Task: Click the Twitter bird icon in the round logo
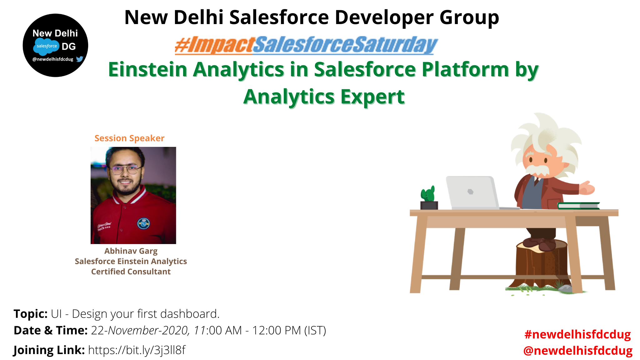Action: pyautogui.click(x=80, y=59)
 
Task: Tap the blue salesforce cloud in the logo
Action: pyautogui.click(x=46, y=46)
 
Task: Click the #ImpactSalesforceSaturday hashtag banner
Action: pyautogui.click(x=306, y=45)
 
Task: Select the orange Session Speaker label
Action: pyautogui.click(x=129, y=138)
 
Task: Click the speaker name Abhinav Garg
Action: pyautogui.click(x=131, y=251)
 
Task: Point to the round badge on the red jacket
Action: pyautogui.click(x=144, y=223)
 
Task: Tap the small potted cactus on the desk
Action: pyautogui.click(x=429, y=197)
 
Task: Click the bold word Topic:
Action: pyautogui.click(x=30, y=314)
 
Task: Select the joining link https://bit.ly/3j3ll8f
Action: pyautogui.click(x=137, y=350)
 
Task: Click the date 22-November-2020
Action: pyautogui.click(x=140, y=330)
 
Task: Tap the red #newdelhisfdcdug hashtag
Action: pyautogui.click(x=577, y=334)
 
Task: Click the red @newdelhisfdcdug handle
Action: pyautogui.click(x=578, y=351)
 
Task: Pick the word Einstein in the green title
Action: pyautogui.click(x=147, y=69)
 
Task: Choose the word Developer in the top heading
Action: pyautogui.click(x=384, y=17)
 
